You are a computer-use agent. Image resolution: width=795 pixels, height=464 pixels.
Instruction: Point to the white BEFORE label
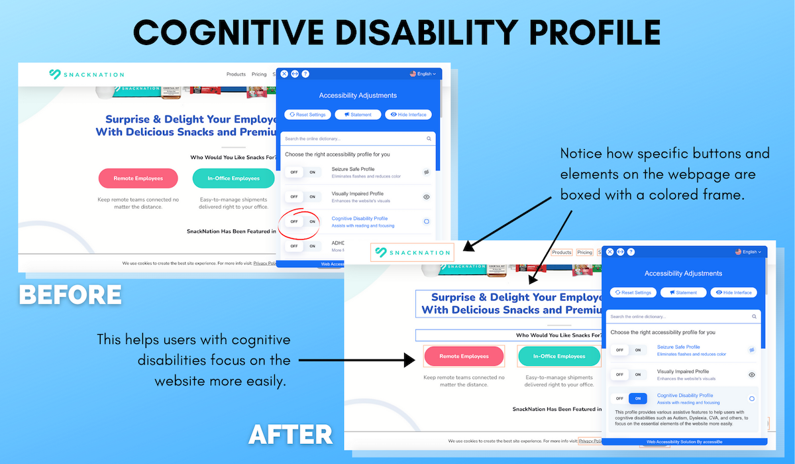pyautogui.click(x=70, y=294)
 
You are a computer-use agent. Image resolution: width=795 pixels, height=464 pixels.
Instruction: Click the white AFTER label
pyautogui.click(x=290, y=435)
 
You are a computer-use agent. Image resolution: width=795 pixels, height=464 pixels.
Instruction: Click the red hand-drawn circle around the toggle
pyautogui.click(x=300, y=221)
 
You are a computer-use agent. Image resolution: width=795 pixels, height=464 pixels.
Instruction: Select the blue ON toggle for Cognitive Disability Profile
pyautogui.click(x=638, y=398)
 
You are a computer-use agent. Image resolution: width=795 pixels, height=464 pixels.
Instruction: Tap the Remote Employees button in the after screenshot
pyautogui.click(x=464, y=356)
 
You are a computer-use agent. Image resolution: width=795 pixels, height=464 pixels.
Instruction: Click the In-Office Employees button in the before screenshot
pyautogui.click(x=233, y=178)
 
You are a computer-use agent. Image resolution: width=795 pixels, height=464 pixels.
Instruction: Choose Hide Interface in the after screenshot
pyautogui.click(x=733, y=292)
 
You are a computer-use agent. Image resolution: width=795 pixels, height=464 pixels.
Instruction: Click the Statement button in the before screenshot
pyautogui.click(x=358, y=115)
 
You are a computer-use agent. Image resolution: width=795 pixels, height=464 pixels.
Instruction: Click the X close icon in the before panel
pyautogui.click(x=284, y=74)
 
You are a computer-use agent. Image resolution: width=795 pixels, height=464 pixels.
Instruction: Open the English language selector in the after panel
pyautogui.click(x=748, y=252)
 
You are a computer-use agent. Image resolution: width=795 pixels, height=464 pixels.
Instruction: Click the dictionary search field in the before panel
pyautogui.click(x=354, y=139)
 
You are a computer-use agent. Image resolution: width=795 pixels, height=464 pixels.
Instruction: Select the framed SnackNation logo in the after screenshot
pyautogui.click(x=413, y=252)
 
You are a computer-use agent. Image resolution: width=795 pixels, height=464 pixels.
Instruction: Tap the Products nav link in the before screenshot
pyautogui.click(x=236, y=74)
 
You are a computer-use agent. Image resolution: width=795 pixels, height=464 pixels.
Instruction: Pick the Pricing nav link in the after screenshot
pyautogui.click(x=584, y=253)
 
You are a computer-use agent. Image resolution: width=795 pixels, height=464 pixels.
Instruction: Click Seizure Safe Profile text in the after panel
pyautogui.click(x=678, y=347)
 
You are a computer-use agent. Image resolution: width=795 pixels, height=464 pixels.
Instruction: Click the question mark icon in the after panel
pyautogui.click(x=631, y=252)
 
